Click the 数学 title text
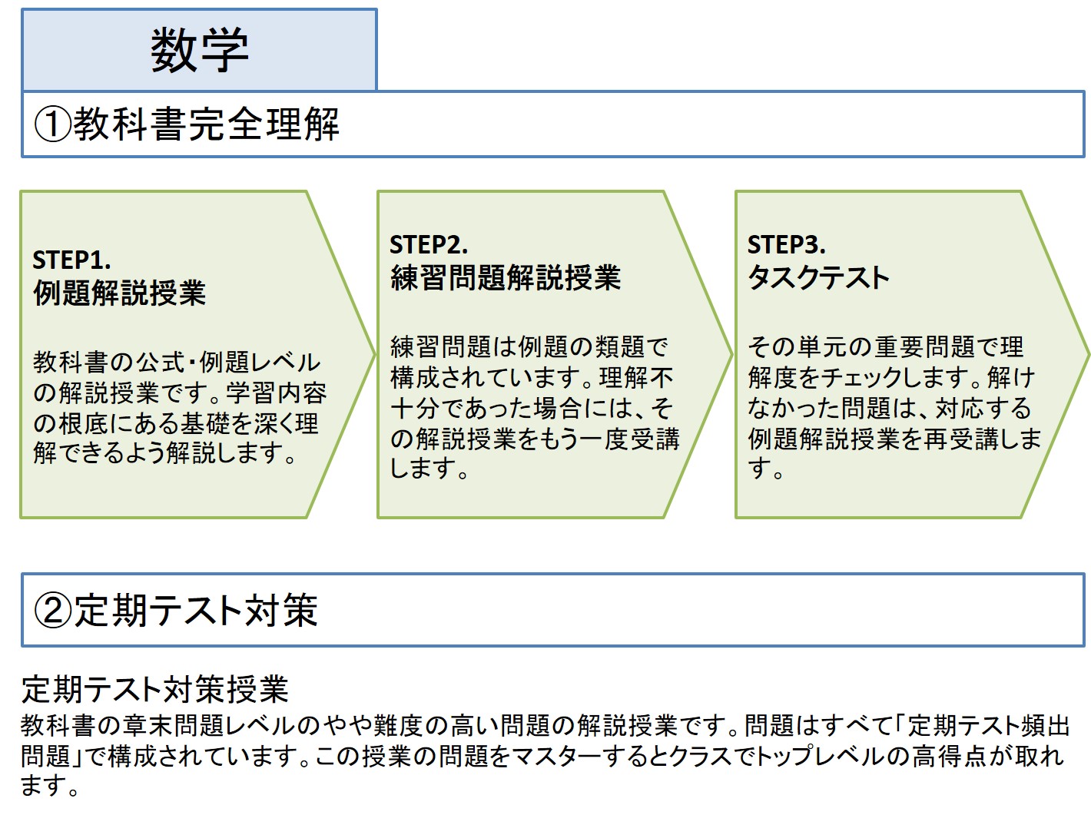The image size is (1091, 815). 199,50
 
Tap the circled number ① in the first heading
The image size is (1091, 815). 53,124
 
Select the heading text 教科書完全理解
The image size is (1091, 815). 207,124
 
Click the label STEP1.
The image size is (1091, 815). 71,260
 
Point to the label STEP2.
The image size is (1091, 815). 429,244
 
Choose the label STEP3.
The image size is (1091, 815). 786,244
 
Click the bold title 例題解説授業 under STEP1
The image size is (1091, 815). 119,293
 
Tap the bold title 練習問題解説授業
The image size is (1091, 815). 506,277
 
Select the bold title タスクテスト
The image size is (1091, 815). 818,277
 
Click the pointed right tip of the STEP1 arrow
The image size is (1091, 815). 374,354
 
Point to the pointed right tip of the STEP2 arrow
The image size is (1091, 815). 731,354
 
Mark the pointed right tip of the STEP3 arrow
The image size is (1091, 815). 1089,354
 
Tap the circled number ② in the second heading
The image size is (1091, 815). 53,611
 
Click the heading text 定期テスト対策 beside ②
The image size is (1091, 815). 196,610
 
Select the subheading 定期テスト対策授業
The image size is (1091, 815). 154,689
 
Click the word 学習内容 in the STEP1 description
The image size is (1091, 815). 277,393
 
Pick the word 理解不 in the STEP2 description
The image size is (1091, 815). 636,378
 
